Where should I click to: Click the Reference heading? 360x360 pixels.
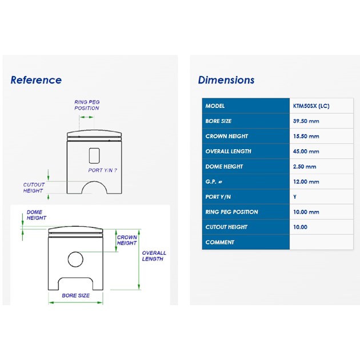[x=36, y=80]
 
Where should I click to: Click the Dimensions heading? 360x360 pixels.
[x=226, y=80]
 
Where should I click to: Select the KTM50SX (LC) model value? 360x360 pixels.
[x=311, y=106]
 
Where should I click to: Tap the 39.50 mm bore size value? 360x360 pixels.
[x=306, y=121]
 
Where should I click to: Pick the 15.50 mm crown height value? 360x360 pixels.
[x=306, y=137]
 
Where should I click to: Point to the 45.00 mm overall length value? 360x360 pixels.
[x=306, y=151]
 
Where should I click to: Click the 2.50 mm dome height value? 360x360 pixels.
[x=305, y=167]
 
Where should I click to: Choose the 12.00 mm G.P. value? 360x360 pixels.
[x=306, y=182]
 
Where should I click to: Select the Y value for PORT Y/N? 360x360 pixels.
[x=295, y=197]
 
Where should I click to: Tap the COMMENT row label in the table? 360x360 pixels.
[x=220, y=242]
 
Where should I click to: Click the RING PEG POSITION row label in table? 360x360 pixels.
[x=231, y=212]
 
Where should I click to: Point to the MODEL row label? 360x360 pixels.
[x=215, y=106]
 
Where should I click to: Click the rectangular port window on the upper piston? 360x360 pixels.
[x=94, y=155]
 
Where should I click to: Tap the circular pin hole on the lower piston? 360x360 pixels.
[x=75, y=259]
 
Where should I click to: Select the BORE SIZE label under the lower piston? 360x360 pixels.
[x=76, y=296]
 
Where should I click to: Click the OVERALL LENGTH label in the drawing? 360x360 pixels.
[x=154, y=256]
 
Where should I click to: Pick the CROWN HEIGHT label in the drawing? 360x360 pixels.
[x=127, y=240]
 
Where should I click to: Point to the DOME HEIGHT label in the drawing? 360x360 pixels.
[x=37, y=215]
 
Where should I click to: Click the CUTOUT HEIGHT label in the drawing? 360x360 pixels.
[x=34, y=188]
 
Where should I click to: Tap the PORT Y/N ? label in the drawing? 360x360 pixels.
[x=103, y=170]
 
